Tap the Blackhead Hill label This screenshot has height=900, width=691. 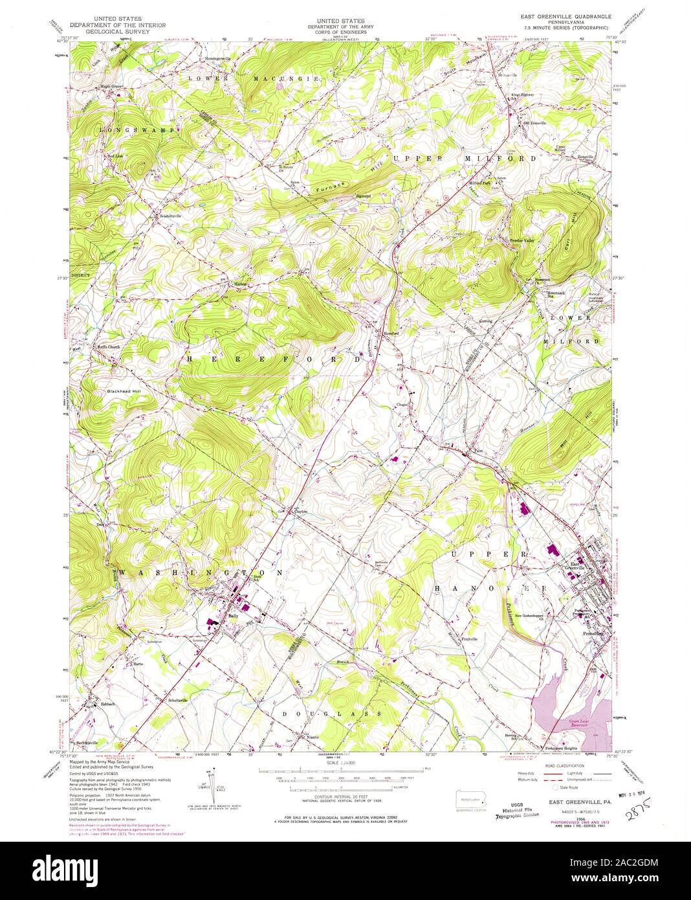pyautogui.click(x=124, y=392)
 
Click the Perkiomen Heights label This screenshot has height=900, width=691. pyautogui.click(x=560, y=748)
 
